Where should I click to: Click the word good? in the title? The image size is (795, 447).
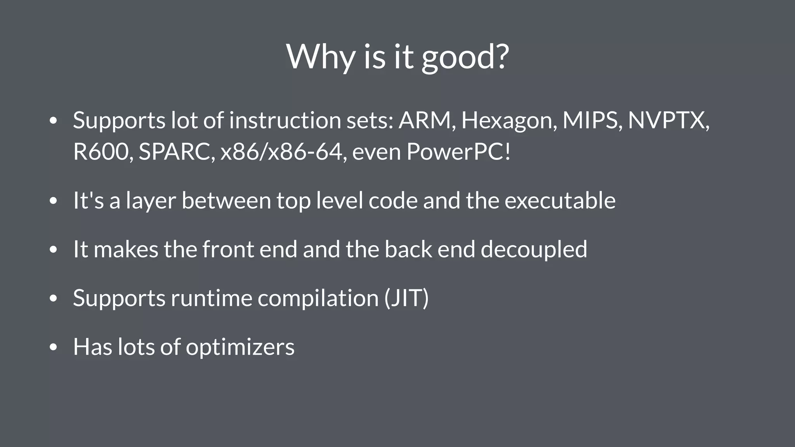tap(465, 57)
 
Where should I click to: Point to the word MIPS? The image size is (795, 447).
tap(592, 120)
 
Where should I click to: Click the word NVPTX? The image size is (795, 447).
tap(668, 120)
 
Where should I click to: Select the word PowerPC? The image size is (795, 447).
tap(458, 152)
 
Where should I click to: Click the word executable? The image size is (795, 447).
tap(560, 201)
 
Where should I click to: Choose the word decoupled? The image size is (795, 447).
tap(534, 249)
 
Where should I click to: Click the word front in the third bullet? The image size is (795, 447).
tap(228, 249)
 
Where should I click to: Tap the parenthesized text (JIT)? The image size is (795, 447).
tap(406, 298)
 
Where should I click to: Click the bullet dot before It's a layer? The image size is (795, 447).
tap(54, 201)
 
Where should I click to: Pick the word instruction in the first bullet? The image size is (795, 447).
tap(285, 120)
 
